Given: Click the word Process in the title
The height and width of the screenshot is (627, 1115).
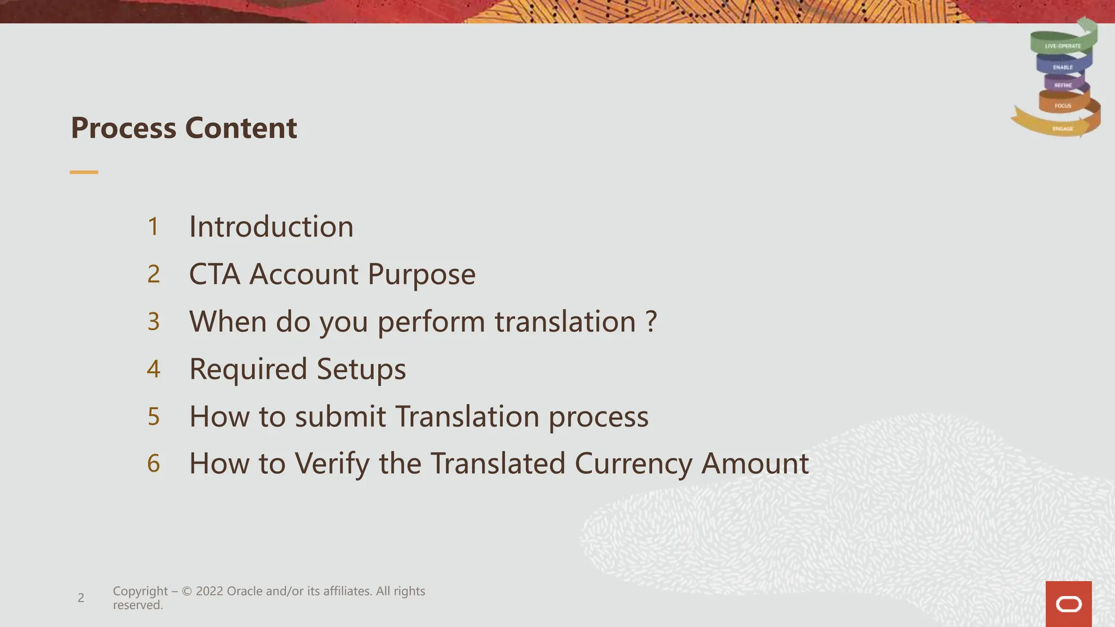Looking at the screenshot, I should coord(124,128).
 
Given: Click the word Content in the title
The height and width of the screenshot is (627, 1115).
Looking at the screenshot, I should coord(241,128).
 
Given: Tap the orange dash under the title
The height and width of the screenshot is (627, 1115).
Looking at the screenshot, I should coord(84,172).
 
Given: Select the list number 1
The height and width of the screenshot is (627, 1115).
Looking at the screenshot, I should coord(154,226).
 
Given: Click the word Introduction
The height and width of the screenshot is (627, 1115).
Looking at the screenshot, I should coord(271,226).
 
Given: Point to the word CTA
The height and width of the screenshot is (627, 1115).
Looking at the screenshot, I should coord(215,274).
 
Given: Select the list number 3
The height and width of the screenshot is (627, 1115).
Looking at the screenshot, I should coord(154,322).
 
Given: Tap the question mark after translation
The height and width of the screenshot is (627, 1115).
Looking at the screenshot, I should coord(651,322).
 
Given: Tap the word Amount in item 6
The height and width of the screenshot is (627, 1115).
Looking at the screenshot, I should coord(755,464).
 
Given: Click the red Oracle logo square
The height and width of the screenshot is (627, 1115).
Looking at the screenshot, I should coord(1068,604).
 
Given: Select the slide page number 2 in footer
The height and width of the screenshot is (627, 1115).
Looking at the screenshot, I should coord(81,598).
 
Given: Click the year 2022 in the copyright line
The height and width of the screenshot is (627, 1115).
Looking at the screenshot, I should coord(209,591).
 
